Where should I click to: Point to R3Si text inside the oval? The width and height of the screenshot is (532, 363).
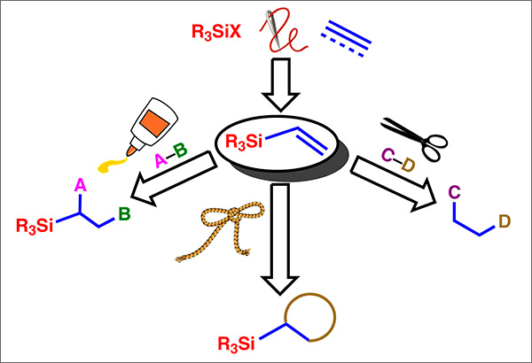tap(244, 142)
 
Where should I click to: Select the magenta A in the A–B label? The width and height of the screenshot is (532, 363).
tap(161, 159)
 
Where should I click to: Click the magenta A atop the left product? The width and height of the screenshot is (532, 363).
tap(81, 184)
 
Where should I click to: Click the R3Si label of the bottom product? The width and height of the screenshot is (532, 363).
tap(241, 342)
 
